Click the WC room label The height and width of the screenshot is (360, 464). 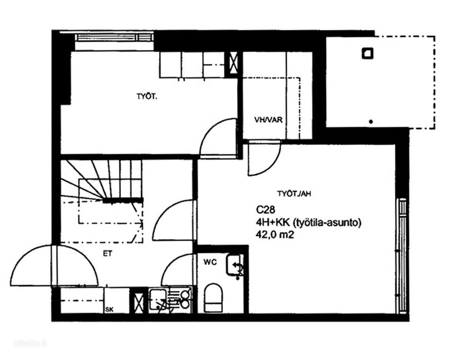point(210,262)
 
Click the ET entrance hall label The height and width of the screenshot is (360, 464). point(107,254)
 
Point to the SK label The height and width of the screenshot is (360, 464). point(109,310)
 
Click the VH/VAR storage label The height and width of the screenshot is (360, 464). point(268,120)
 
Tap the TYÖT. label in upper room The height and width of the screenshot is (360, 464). point(147,96)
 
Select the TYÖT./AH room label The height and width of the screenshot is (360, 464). point(294,194)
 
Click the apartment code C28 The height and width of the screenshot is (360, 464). point(266,210)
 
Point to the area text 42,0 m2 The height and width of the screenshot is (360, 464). point(275,235)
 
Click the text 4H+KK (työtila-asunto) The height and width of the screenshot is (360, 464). point(309,223)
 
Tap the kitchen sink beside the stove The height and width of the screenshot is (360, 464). point(157,299)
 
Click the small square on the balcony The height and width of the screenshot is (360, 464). point(367,53)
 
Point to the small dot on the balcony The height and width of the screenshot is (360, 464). point(371,121)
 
